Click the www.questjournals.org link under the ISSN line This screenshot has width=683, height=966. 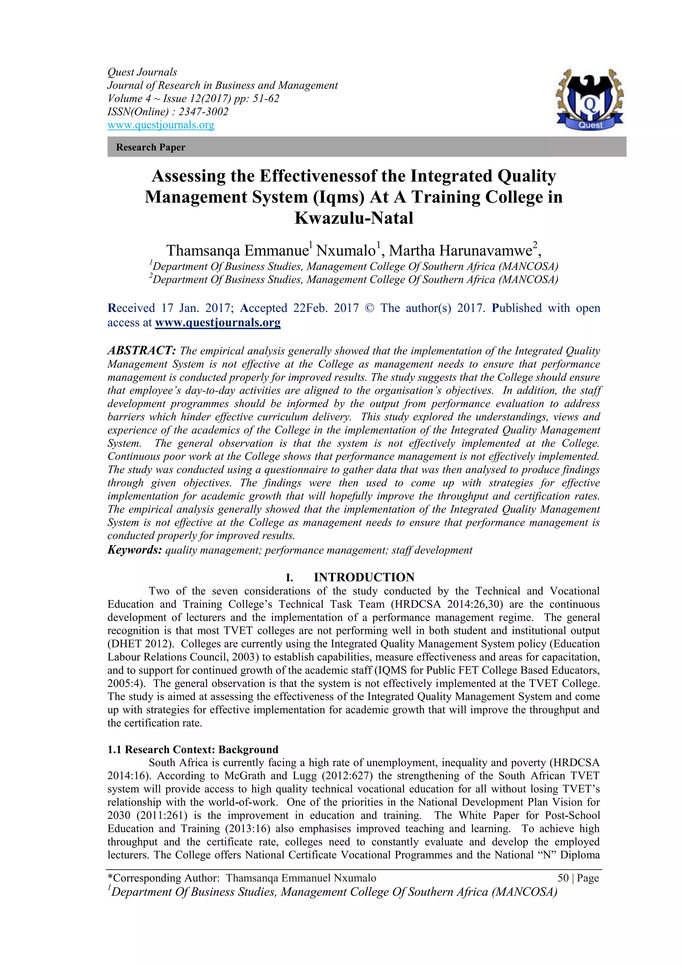(x=161, y=125)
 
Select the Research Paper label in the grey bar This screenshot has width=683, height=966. (x=150, y=147)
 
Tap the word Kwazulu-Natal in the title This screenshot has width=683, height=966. (x=354, y=218)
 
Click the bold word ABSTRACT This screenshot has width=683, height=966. (x=141, y=351)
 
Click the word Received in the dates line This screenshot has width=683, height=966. (x=131, y=309)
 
